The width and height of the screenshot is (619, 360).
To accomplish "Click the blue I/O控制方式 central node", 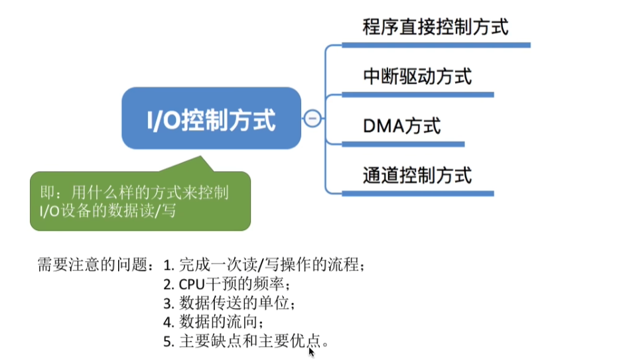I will tap(211, 119).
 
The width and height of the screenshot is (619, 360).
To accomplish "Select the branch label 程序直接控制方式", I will tap(435, 28).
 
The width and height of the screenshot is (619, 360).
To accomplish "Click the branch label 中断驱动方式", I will tap(417, 76).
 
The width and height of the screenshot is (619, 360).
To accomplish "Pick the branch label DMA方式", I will tap(402, 125).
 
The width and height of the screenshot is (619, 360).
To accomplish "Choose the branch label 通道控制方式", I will tap(417, 176).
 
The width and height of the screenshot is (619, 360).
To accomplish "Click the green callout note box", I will tap(140, 202).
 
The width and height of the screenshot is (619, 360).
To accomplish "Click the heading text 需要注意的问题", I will tap(100, 267).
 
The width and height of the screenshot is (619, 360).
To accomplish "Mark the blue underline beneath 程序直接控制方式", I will tap(436, 46).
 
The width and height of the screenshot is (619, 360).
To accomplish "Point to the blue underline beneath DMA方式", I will tap(403, 144).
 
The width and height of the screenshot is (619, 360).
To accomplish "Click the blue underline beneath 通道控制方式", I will tap(418, 194).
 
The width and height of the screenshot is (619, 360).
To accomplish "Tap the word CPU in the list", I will tap(192, 285).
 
